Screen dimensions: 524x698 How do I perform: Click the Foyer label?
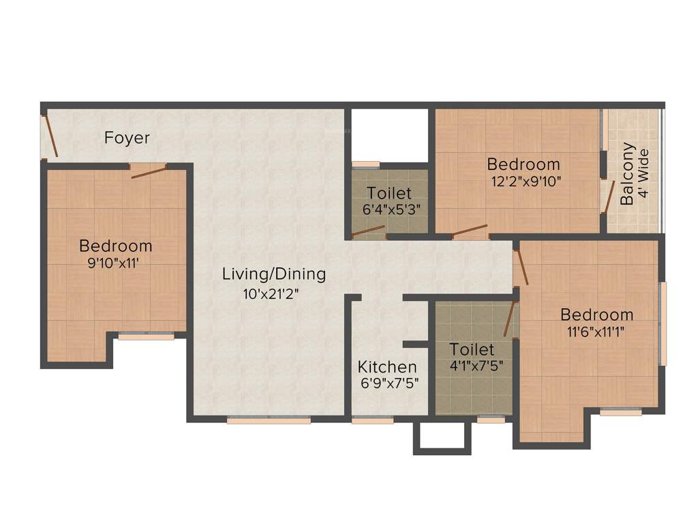[127, 138]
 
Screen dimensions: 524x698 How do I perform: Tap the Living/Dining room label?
[274, 274]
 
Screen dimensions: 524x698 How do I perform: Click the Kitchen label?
[387, 366]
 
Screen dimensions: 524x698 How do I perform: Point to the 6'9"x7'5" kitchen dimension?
[389, 383]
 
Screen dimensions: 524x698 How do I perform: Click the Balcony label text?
[628, 173]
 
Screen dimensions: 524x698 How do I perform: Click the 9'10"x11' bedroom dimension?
[115, 263]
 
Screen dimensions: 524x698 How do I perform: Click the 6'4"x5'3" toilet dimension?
[389, 209]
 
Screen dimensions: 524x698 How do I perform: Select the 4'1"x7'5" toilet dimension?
[476, 365]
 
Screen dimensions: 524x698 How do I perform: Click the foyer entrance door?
[50, 136]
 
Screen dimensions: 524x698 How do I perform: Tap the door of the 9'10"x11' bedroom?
[149, 171]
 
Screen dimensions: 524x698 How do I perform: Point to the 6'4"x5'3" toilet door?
[368, 233]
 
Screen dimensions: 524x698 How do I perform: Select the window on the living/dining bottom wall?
[269, 420]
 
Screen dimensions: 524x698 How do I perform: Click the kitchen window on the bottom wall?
[372, 420]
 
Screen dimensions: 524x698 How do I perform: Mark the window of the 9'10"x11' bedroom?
[146, 336]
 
